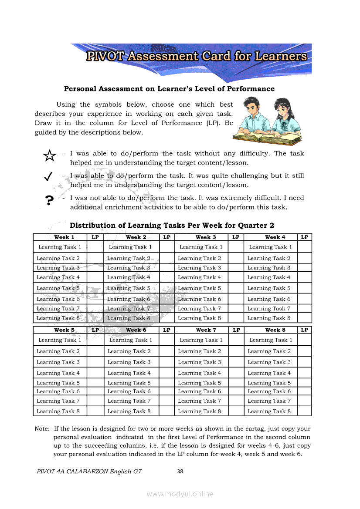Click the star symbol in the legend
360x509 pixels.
pos(50,155)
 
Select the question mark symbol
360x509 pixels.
pos(49,200)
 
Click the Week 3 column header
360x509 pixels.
pos(206,237)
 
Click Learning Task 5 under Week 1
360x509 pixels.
pos(58,288)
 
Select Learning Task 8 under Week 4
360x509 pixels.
pos(269,318)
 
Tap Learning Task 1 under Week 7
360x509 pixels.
pos(201,340)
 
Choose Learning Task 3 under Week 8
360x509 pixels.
pos(269,362)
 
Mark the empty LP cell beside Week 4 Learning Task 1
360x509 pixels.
pos(305,247)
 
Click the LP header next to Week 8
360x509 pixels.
pos(305,330)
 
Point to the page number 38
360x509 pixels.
pos(180,471)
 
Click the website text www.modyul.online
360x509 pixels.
pos(180,494)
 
